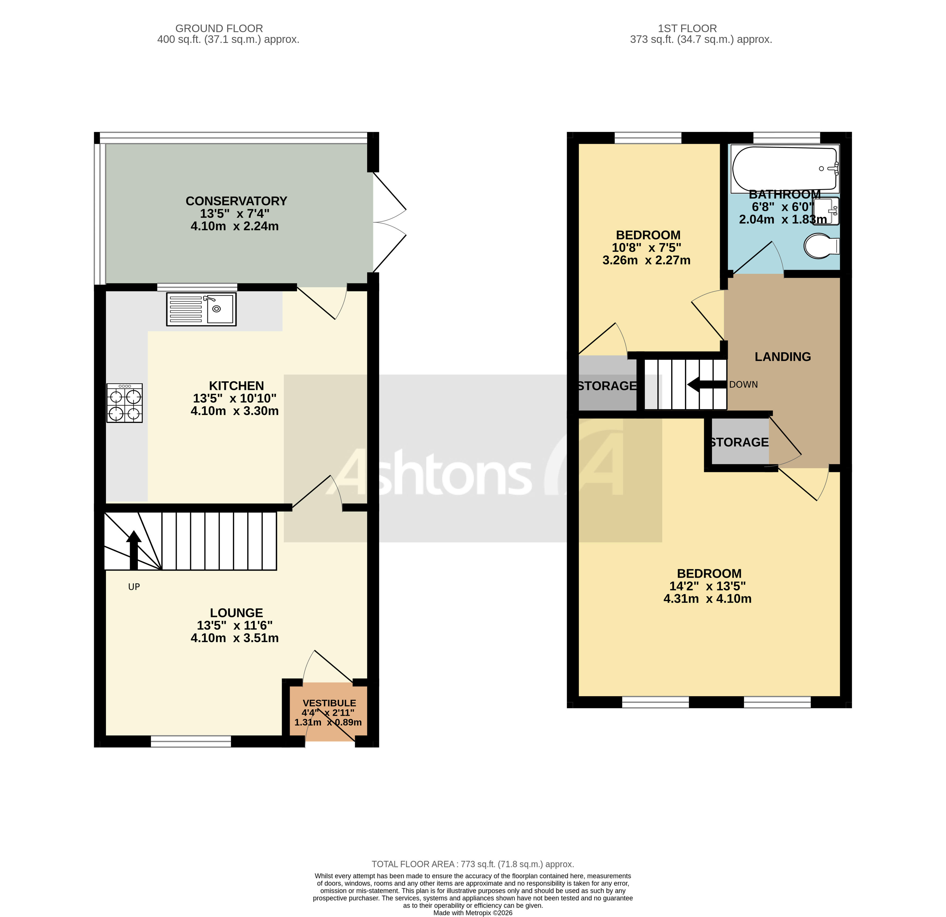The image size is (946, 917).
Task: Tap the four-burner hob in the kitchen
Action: tap(125, 403)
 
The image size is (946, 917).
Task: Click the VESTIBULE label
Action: tap(329, 703)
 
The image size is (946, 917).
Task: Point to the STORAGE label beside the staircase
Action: tap(607, 386)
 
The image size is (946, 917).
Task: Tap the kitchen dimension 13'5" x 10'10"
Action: tap(235, 398)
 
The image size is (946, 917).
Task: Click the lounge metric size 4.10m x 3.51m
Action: tap(235, 638)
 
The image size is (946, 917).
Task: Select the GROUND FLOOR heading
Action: tap(219, 29)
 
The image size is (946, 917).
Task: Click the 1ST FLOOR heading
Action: tap(687, 29)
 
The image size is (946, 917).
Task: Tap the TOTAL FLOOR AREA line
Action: tap(473, 864)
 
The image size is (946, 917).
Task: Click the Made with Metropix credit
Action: tap(473, 913)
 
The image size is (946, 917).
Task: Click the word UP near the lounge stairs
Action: tap(134, 587)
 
